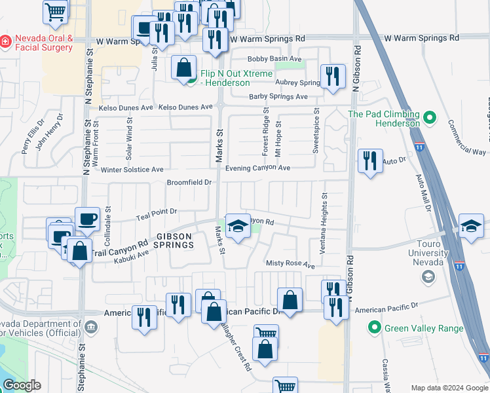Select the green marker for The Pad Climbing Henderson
point(430,119)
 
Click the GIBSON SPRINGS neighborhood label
point(174,240)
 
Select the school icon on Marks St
point(238,226)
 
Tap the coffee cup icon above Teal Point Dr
point(87,218)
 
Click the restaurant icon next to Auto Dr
point(369,160)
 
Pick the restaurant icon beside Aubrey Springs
point(333,76)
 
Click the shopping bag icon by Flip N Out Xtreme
point(184,66)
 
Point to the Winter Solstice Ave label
point(132,170)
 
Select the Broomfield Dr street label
point(190,183)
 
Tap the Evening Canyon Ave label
point(257,168)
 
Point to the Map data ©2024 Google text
point(449,388)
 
